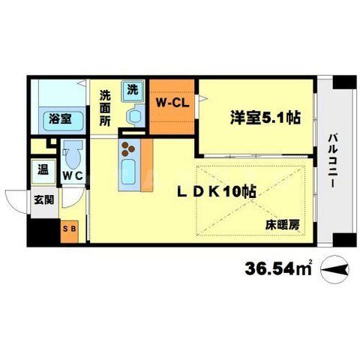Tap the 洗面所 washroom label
(x=106, y=109)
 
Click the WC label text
(x=73, y=175)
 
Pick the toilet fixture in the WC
(x=73, y=154)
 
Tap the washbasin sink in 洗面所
(x=135, y=115)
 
